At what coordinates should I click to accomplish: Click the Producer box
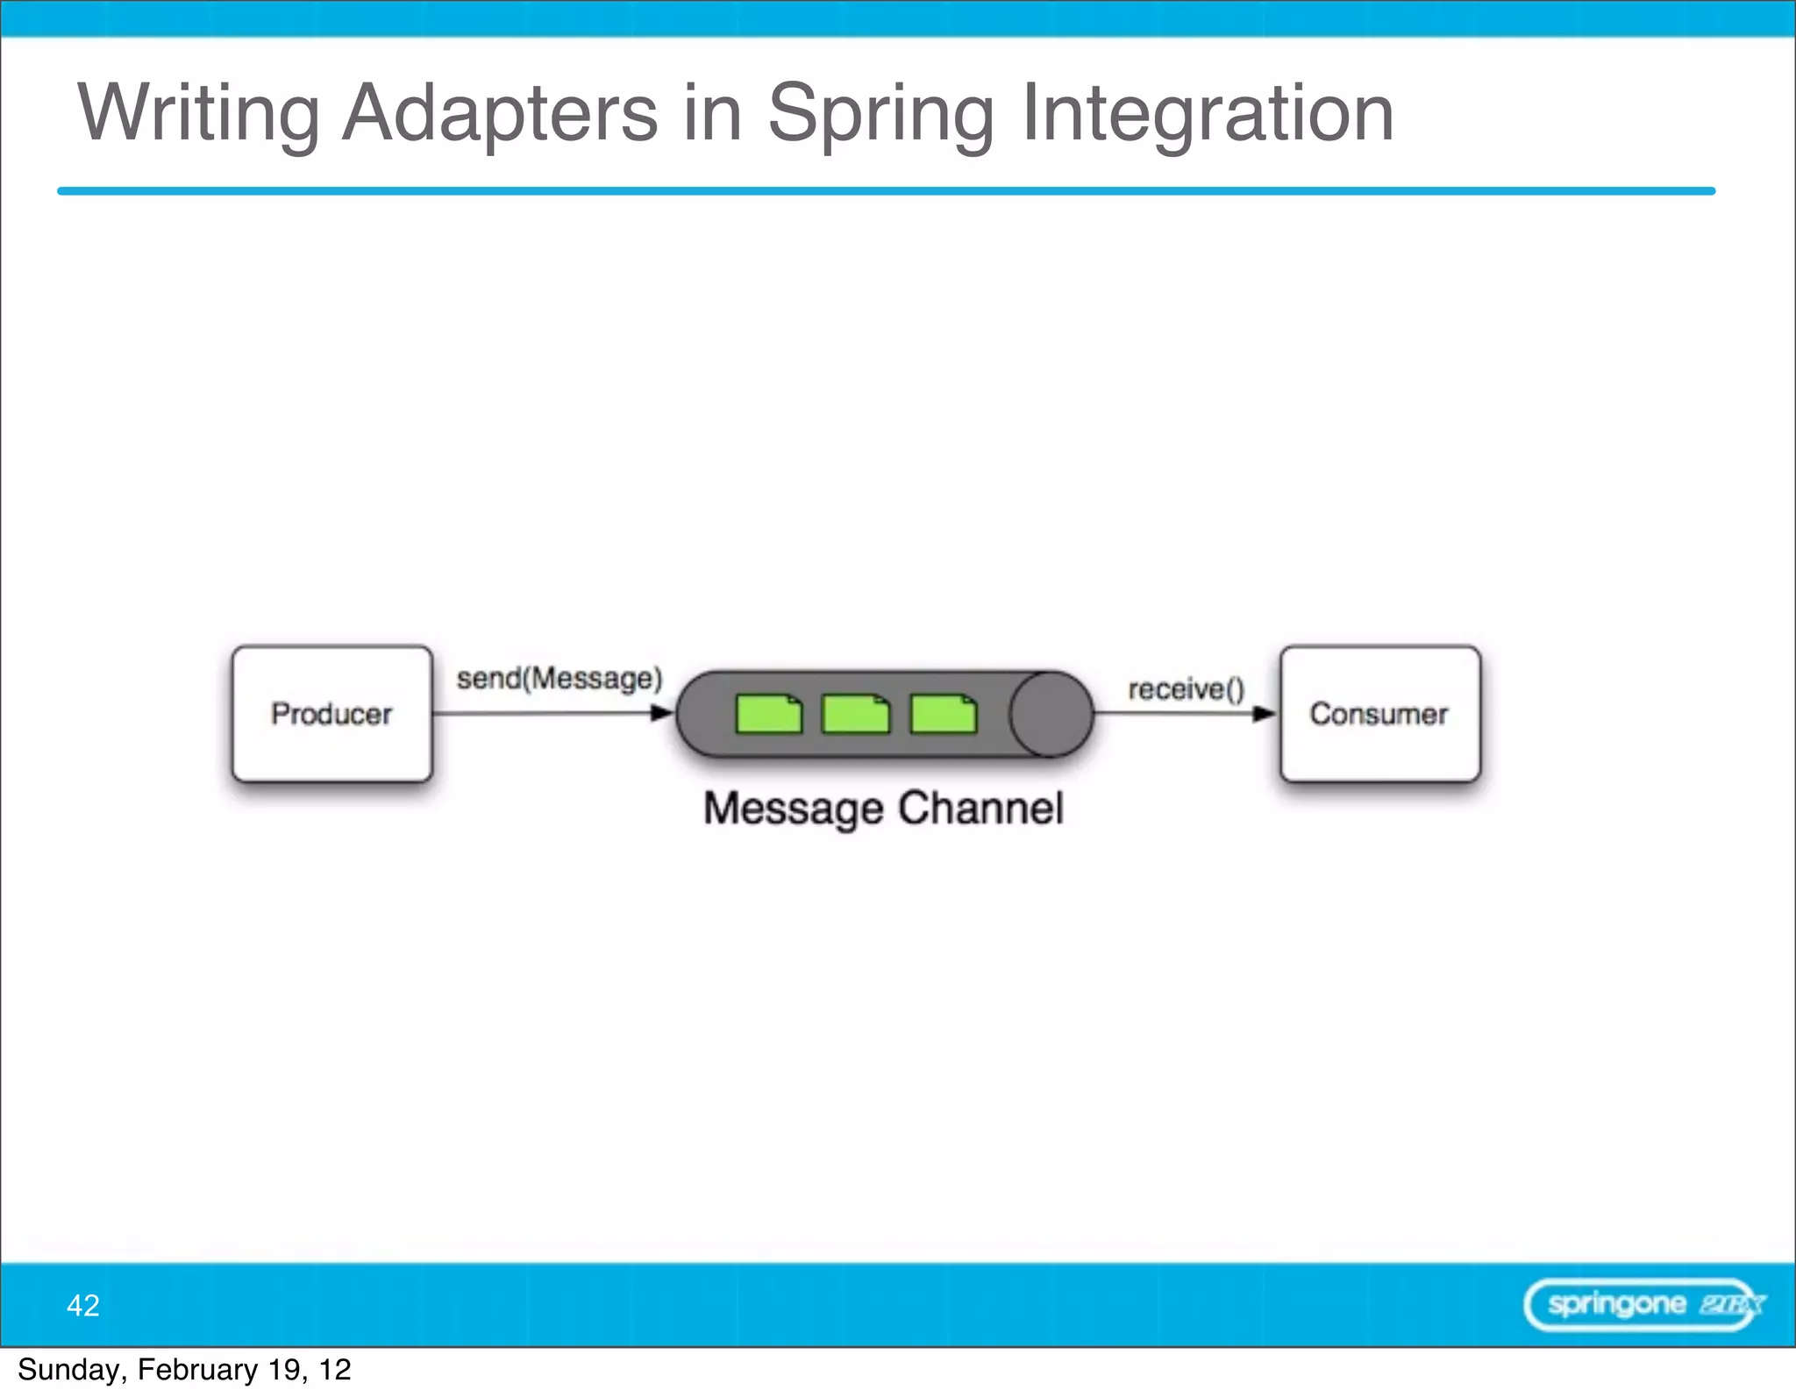(x=331, y=714)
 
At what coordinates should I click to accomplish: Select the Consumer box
(x=1379, y=714)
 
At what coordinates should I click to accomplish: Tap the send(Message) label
(x=559, y=679)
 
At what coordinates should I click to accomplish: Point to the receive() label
(x=1186, y=689)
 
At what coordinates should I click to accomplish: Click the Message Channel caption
(x=883, y=809)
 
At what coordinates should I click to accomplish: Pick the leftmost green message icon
(x=769, y=714)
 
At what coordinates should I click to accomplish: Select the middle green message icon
(x=855, y=714)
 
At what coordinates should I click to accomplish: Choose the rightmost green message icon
(x=944, y=714)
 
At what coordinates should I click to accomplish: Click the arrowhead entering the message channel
(x=662, y=713)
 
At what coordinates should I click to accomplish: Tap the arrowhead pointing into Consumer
(x=1264, y=713)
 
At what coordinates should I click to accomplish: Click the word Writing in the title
(x=198, y=114)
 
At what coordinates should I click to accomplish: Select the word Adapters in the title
(x=500, y=114)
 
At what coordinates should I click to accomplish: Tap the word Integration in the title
(x=1208, y=114)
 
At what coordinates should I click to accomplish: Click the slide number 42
(x=83, y=1305)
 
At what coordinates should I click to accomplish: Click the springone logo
(x=1643, y=1305)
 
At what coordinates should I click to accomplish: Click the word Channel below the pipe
(x=980, y=809)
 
